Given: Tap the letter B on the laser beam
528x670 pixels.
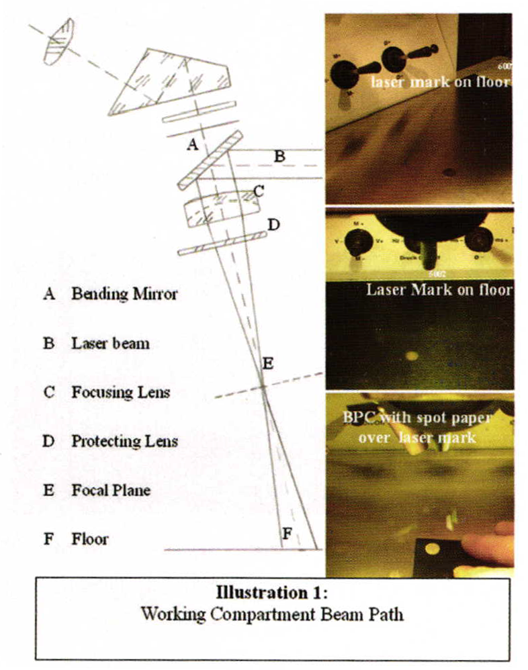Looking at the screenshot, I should click(x=279, y=156).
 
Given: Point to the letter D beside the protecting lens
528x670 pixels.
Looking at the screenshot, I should click(x=272, y=224).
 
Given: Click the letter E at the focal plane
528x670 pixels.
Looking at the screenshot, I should click(x=268, y=364).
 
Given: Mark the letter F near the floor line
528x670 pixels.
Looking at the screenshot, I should click(x=287, y=534).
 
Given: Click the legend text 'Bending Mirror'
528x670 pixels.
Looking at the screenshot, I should click(x=124, y=294).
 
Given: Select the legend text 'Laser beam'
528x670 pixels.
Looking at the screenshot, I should click(x=110, y=344).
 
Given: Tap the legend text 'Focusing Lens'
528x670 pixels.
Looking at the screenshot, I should click(x=120, y=392).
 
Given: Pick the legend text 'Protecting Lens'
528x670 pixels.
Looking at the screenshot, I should click(x=125, y=441).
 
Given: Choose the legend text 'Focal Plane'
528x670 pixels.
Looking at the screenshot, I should click(x=111, y=490).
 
